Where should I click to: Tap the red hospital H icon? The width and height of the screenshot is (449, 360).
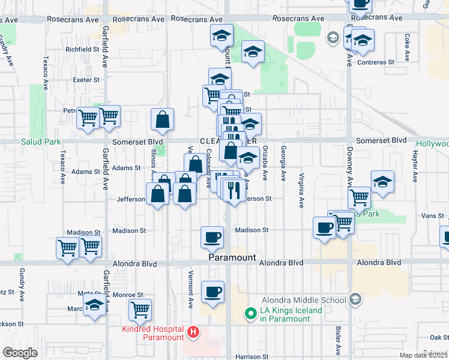coord(193,332)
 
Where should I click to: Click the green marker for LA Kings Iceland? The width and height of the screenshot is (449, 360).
coord(253,314)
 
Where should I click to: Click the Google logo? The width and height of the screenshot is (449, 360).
coord(20,353)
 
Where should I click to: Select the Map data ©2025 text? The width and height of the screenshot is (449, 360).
coord(423,355)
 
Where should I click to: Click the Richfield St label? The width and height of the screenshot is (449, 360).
coord(82,49)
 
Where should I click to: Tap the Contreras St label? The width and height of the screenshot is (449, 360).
coord(375,62)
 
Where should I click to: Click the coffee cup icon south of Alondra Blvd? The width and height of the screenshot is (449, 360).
coord(212,292)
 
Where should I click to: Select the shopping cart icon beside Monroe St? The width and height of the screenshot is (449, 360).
coord(140,310)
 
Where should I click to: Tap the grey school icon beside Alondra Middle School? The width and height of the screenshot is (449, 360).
coord(355,299)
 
